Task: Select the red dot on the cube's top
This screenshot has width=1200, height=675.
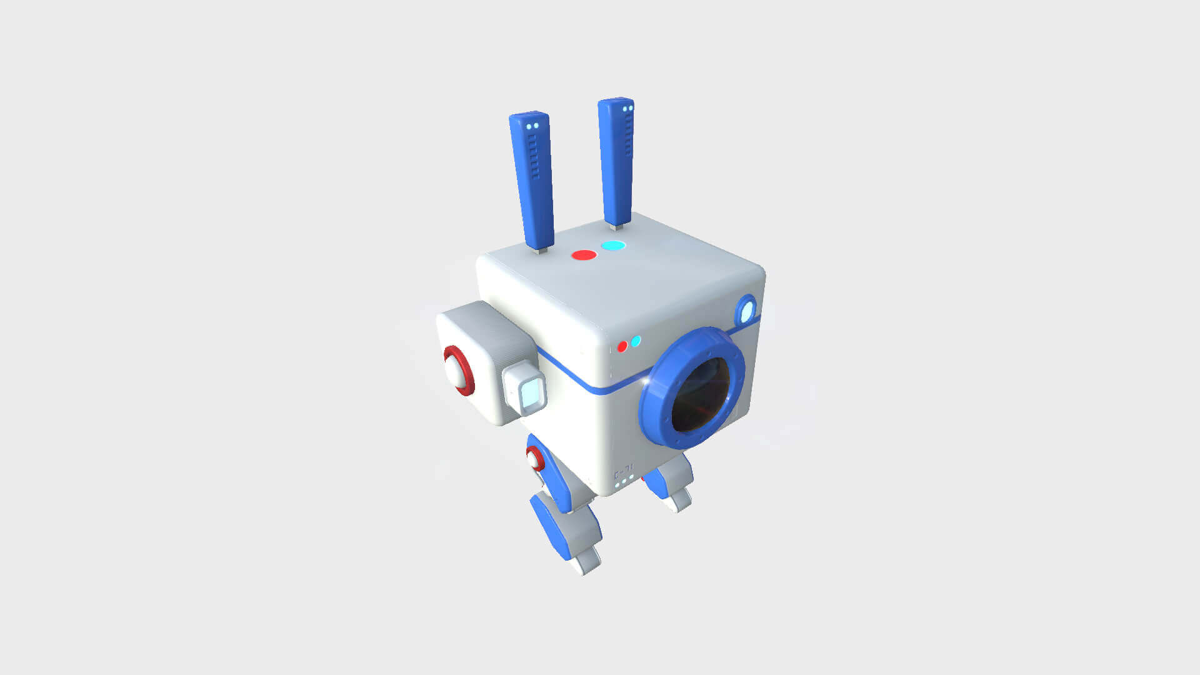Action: [x=584, y=255]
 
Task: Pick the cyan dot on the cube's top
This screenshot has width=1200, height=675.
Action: [x=613, y=246]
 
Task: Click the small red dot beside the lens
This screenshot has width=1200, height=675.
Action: [x=622, y=346]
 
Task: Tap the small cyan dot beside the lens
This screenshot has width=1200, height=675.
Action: [x=636, y=341]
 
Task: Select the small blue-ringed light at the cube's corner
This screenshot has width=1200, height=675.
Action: [x=746, y=310]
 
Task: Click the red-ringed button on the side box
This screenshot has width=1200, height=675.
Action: [x=459, y=371]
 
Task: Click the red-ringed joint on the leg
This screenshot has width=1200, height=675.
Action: [x=535, y=459]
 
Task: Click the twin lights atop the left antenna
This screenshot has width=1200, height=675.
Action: [x=532, y=126]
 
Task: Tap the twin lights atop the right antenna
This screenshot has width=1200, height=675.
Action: [x=627, y=109]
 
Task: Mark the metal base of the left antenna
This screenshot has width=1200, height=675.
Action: [x=541, y=250]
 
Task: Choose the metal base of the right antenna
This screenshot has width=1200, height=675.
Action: [x=616, y=226]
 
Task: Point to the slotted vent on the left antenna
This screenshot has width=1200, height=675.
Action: [x=534, y=156]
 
